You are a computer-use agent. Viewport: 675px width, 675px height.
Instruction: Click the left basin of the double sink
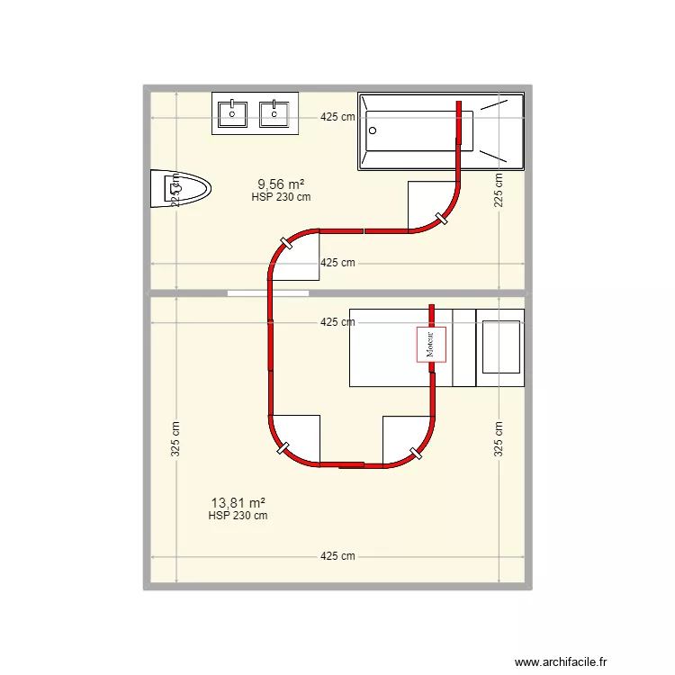(232, 113)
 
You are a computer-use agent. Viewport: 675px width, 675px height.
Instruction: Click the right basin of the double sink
(274, 113)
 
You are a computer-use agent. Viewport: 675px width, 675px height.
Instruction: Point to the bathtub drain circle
(371, 130)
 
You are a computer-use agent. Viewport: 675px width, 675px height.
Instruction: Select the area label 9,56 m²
(281, 184)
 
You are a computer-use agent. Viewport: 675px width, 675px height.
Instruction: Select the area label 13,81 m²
(238, 503)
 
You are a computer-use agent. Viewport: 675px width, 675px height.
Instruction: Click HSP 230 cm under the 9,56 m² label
(281, 197)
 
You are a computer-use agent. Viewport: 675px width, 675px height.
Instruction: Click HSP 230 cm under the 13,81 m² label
(238, 516)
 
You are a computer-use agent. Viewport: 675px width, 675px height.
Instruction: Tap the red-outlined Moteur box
(431, 344)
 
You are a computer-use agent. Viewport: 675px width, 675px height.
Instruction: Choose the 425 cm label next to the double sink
(337, 116)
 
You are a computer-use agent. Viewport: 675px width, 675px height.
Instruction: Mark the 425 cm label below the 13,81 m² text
(337, 556)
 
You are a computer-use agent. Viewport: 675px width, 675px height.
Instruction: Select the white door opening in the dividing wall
(268, 293)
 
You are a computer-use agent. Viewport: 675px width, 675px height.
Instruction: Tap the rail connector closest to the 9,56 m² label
(286, 242)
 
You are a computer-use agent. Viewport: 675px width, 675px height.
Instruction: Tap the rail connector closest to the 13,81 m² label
(283, 448)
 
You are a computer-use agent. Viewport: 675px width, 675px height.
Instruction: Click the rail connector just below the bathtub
(441, 218)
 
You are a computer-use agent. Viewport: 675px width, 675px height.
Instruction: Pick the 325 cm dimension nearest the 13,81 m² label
(175, 439)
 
